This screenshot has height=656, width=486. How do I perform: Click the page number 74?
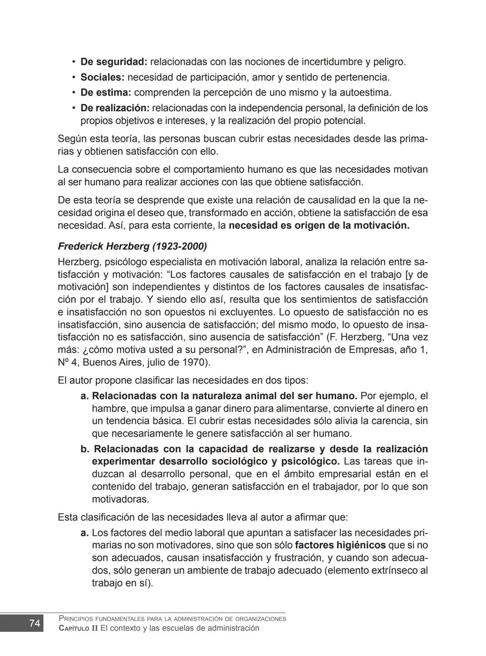tap(34, 623)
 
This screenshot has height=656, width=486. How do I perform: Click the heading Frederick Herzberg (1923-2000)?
tap(132, 246)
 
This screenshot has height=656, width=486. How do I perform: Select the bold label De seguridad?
tap(114, 62)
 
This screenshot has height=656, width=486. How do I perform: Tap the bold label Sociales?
tap(102, 77)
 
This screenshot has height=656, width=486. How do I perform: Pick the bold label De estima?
tap(106, 93)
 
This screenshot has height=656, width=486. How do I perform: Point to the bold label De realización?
tap(115, 108)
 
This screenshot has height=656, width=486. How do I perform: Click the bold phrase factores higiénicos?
tap(340, 545)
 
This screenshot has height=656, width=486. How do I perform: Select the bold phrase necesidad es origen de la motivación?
tap(319, 225)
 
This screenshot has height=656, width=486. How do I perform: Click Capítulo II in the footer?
tap(78, 628)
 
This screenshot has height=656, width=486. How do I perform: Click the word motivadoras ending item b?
tap(120, 499)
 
